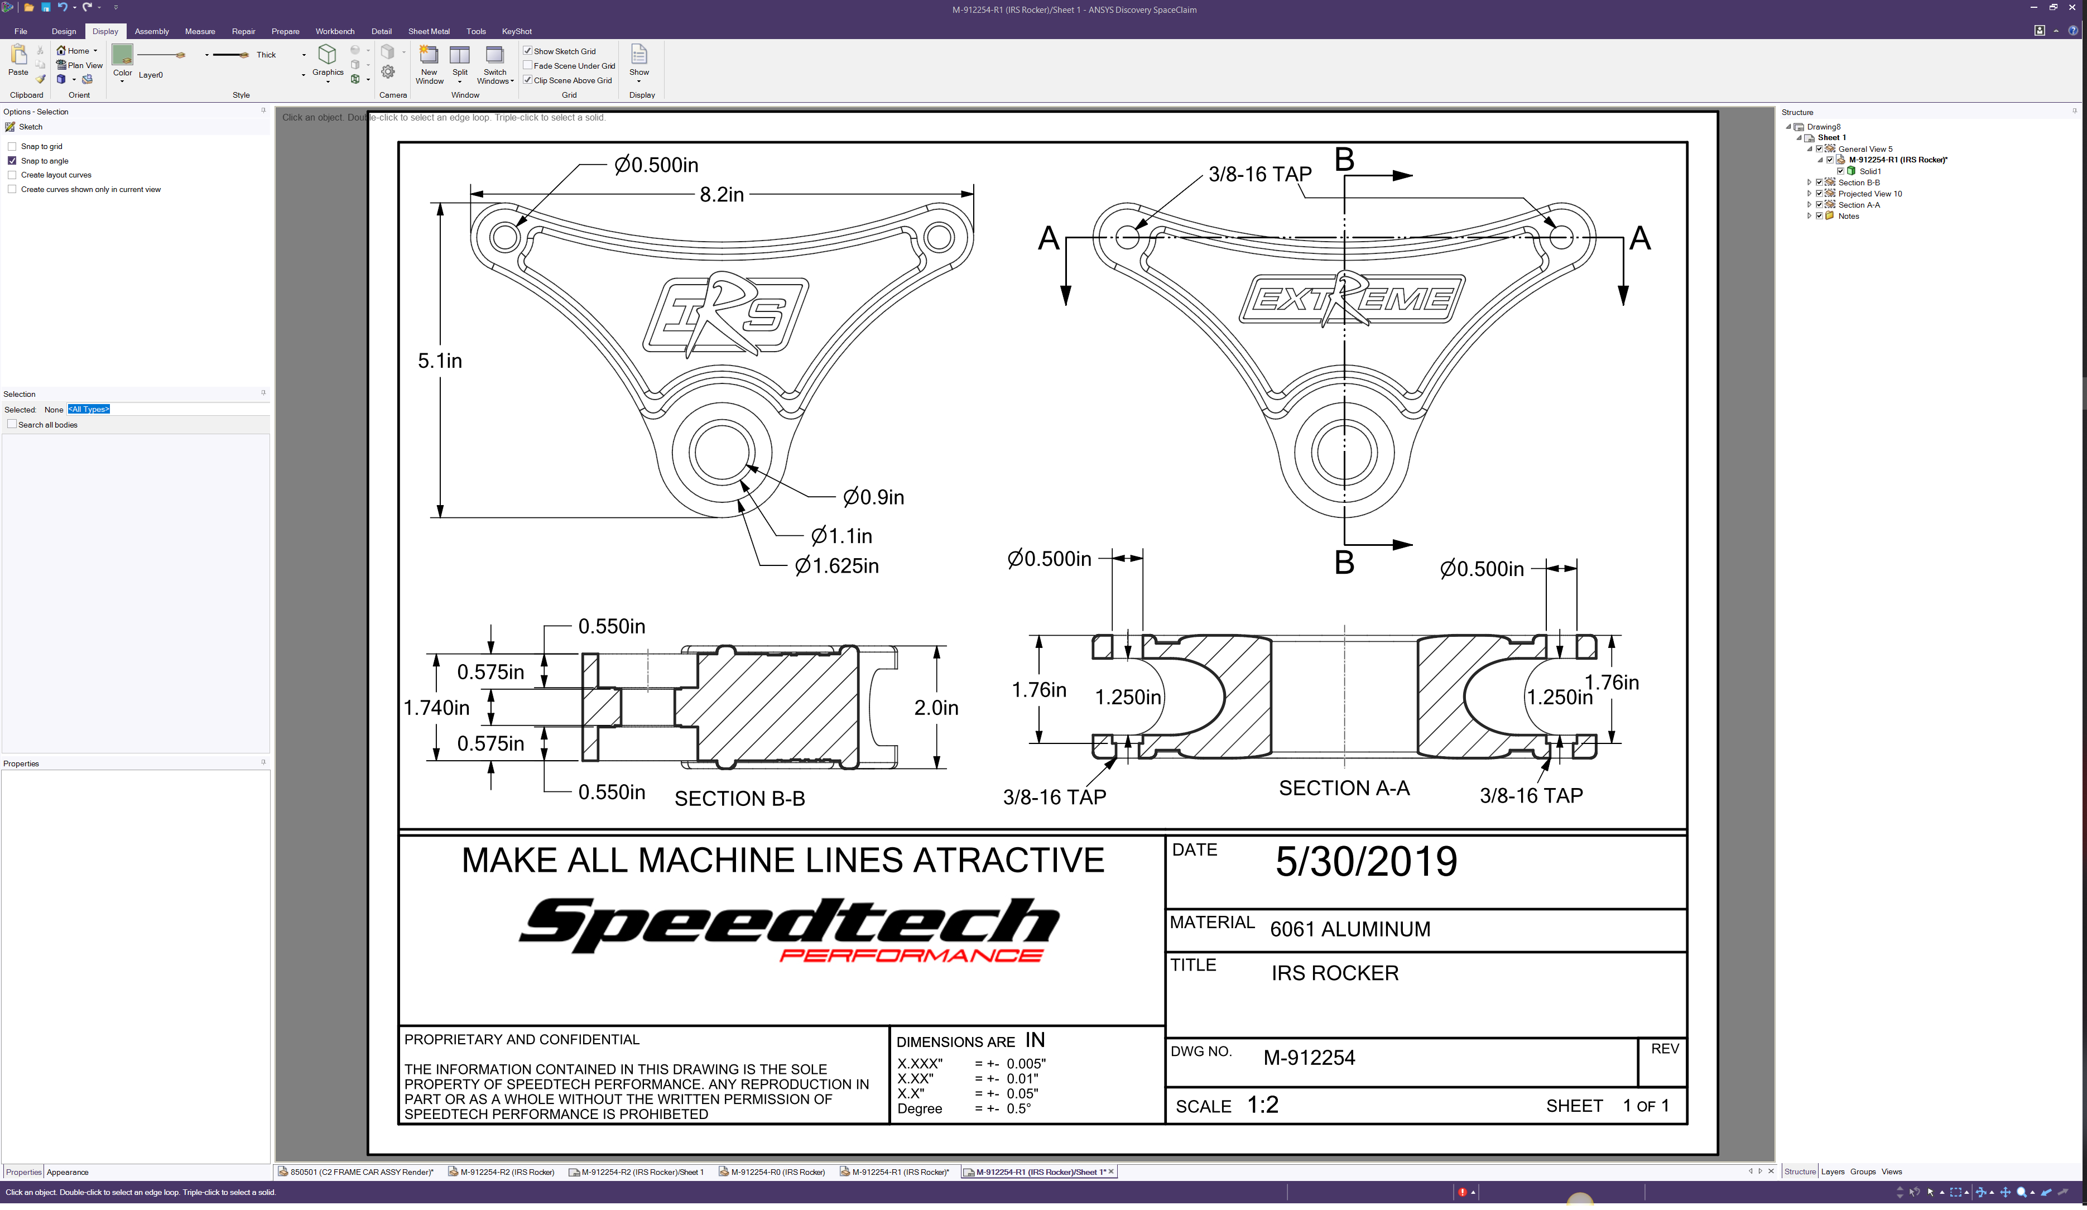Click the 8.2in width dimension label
[x=722, y=195]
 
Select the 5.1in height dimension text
[x=440, y=361]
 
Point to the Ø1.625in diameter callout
[x=836, y=566]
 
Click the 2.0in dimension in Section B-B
[x=936, y=708]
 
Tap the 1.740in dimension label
[x=436, y=708]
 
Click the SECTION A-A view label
[x=1344, y=789]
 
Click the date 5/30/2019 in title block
[x=1365, y=861]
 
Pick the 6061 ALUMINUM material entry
[x=1350, y=929]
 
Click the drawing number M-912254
[x=1309, y=1058]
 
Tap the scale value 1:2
[x=1263, y=1105]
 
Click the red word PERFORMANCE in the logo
[x=911, y=955]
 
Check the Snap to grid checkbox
[x=12, y=147]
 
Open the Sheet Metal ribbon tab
[x=429, y=31]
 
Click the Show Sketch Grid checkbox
[x=527, y=51]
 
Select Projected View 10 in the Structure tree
[x=1870, y=194]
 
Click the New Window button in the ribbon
[x=429, y=65]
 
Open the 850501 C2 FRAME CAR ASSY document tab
[x=356, y=1172]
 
